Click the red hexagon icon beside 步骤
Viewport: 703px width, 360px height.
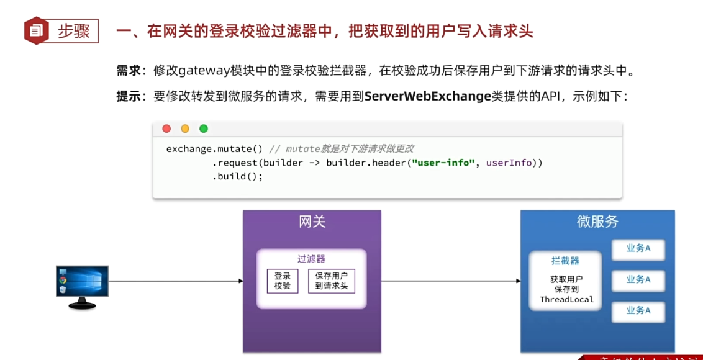37,30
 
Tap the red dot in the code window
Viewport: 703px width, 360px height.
166,128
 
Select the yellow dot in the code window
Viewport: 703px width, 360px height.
185,128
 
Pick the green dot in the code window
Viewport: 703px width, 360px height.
203,128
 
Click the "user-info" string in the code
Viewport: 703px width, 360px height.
443,163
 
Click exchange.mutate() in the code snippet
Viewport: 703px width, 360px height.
214,149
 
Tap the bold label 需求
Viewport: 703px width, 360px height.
129,71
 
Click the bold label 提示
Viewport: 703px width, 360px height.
129,96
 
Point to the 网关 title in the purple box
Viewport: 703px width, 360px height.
312,222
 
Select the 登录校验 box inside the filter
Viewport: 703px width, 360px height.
283,281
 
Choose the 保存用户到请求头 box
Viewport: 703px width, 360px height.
331,281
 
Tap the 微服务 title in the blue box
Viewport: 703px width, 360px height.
597,222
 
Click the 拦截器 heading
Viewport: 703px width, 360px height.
565,261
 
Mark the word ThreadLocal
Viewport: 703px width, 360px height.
566,300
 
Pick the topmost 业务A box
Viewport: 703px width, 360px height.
638,249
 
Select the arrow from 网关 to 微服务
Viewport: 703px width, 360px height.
451,281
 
